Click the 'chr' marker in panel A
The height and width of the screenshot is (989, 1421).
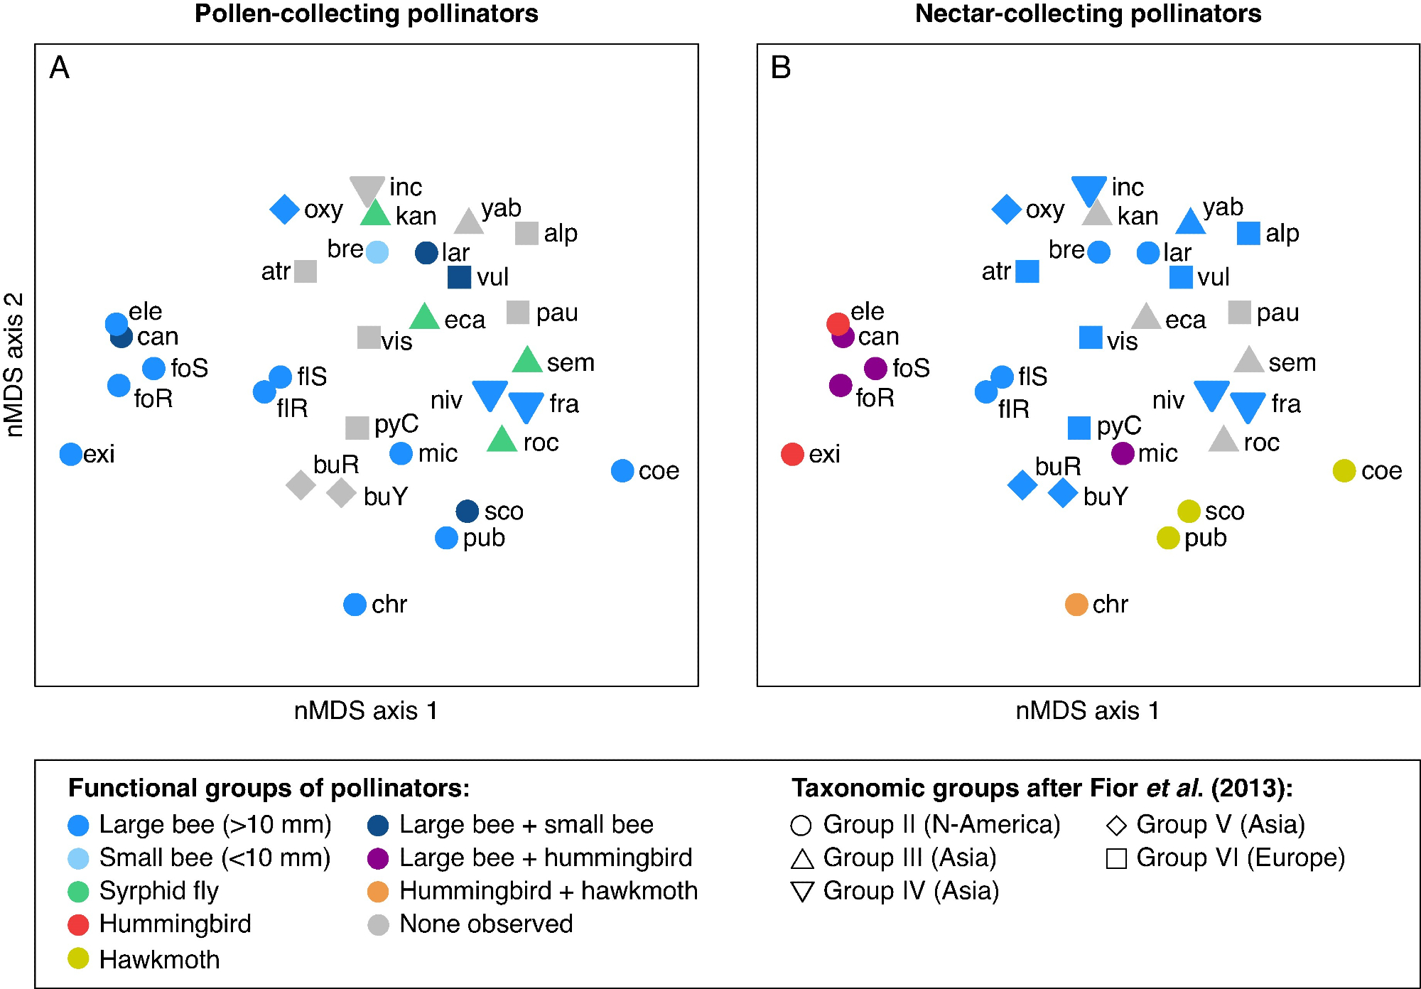point(355,605)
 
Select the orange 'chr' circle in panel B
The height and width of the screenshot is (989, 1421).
point(1076,605)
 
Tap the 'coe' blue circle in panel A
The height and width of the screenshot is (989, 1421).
point(622,470)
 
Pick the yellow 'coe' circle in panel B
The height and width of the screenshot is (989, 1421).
point(1344,470)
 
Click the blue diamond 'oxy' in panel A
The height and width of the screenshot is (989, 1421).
point(284,210)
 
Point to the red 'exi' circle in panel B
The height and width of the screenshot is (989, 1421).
point(792,454)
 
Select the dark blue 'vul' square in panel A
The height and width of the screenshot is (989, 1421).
point(459,277)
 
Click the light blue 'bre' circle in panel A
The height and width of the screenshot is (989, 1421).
point(377,252)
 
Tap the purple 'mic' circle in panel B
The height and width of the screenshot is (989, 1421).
point(1123,453)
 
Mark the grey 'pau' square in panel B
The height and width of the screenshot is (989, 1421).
point(1240,312)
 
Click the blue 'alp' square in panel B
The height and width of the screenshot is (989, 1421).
point(1248,233)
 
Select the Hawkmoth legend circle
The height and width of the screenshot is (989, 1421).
point(78,958)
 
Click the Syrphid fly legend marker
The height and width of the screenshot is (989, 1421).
point(78,891)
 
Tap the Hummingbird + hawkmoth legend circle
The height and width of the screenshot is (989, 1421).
point(378,892)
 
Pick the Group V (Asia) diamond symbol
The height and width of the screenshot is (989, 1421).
point(1117,826)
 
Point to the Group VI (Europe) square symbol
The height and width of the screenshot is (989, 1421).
point(1117,859)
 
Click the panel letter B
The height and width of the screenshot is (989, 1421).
point(781,68)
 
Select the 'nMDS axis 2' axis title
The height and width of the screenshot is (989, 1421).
point(14,364)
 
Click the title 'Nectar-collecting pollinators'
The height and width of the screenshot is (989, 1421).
point(1088,13)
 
